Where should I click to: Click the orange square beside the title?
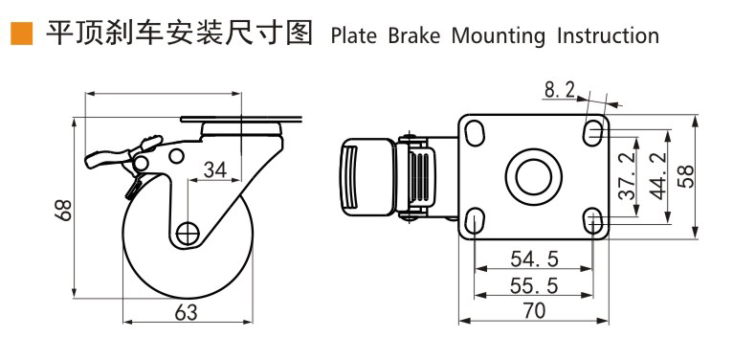pyautogui.click(x=21, y=34)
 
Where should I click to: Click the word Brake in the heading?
pyautogui.click(x=414, y=36)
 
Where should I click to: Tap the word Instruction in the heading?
pyautogui.click(x=608, y=36)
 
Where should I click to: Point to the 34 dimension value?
pyautogui.click(x=214, y=169)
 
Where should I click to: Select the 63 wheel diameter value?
pyautogui.click(x=187, y=313)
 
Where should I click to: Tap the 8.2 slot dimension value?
pyautogui.click(x=560, y=89)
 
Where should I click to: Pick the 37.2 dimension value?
pyautogui.click(x=628, y=175)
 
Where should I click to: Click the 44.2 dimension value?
pyautogui.click(x=657, y=175)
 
